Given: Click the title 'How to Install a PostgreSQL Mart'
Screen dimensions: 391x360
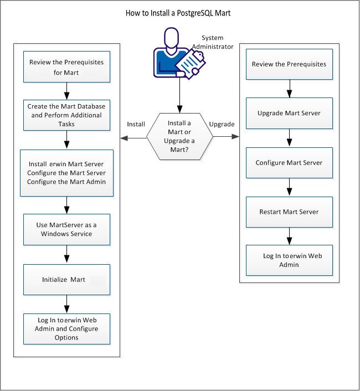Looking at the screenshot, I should click(x=179, y=13).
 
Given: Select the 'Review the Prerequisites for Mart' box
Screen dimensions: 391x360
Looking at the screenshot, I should click(x=66, y=67).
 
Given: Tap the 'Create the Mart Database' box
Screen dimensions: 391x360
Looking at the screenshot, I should click(x=66, y=114).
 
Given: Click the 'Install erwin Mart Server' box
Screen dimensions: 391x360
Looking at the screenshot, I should click(x=66, y=173).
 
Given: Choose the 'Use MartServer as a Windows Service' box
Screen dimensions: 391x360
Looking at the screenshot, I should click(x=66, y=229).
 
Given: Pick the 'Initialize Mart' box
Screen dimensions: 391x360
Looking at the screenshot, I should click(x=66, y=280).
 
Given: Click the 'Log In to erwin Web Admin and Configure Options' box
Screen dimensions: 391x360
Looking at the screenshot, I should click(x=66, y=329).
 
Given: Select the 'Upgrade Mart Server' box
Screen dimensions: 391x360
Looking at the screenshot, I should click(x=289, y=113).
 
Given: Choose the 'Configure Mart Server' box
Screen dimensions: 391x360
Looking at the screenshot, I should click(x=289, y=163).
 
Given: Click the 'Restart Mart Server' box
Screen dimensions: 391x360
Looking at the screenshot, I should click(x=289, y=212).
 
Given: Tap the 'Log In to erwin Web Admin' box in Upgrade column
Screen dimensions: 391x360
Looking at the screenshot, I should click(x=289, y=260).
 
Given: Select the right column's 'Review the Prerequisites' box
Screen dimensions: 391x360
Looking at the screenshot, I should click(x=289, y=64).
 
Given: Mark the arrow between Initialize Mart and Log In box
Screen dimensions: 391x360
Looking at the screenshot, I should click(x=66, y=304).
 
